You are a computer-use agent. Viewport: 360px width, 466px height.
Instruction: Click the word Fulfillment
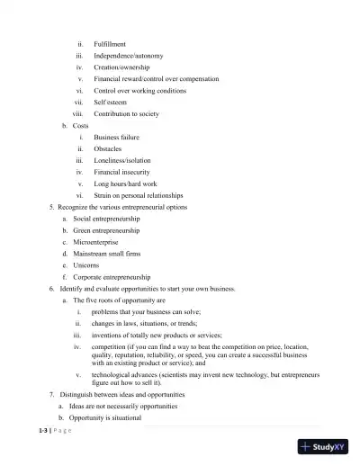pyautogui.click(x=110, y=44)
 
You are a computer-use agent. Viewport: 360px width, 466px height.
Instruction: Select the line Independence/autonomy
pyautogui.click(x=128, y=56)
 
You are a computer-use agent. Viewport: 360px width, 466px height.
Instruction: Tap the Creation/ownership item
pyautogui.click(x=121, y=67)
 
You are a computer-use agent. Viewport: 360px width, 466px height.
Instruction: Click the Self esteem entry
pyautogui.click(x=112, y=103)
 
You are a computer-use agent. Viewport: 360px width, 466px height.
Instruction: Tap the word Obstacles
pyautogui.click(x=108, y=149)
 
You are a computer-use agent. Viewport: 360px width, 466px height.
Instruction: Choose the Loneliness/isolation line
pyautogui.click(x=122, y=161)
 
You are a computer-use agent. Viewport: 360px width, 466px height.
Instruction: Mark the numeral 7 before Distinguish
pyautogui.click(x=51, y=395)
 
